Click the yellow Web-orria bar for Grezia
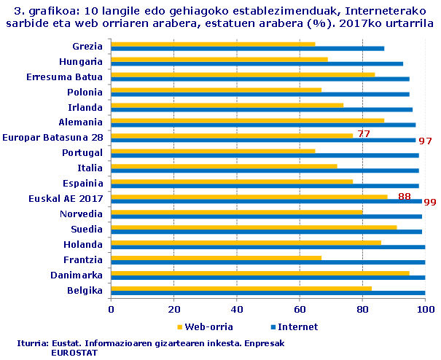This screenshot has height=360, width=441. tap(213, 44)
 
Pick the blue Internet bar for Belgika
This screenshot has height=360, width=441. tap(268, 293)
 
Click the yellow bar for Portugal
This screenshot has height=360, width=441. tap(213, 151)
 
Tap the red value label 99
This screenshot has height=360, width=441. tap(430, 202)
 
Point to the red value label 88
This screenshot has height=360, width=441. tap(405, 196)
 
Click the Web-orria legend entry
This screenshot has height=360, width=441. tap(205, 326)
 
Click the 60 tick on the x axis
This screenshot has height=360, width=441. tap(300, 309)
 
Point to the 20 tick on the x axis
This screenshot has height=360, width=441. tap(173, 309)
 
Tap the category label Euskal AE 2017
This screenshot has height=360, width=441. tap(66, 198)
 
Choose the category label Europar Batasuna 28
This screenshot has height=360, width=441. tap(52, 137)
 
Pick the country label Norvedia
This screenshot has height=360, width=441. tap(81, 214)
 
